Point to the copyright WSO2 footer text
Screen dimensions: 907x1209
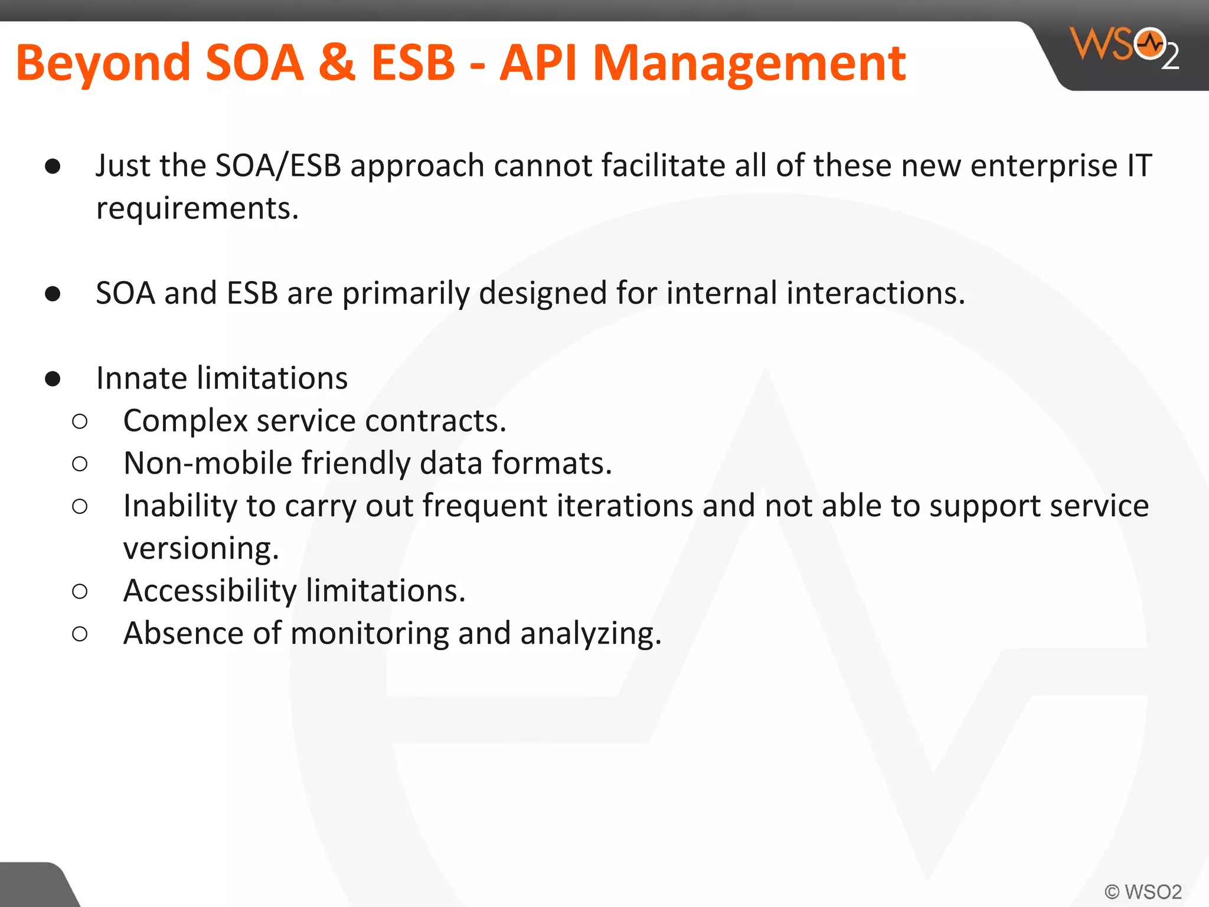point(1143,892)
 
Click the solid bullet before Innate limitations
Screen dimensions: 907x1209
point(53,379)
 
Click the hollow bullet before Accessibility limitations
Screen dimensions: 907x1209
point(80,591)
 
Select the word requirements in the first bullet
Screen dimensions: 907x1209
point(197,209)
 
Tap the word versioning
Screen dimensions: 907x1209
point(201,549)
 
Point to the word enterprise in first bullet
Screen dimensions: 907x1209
point(1044,166)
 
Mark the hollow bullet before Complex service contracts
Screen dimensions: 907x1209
point(80,422)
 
